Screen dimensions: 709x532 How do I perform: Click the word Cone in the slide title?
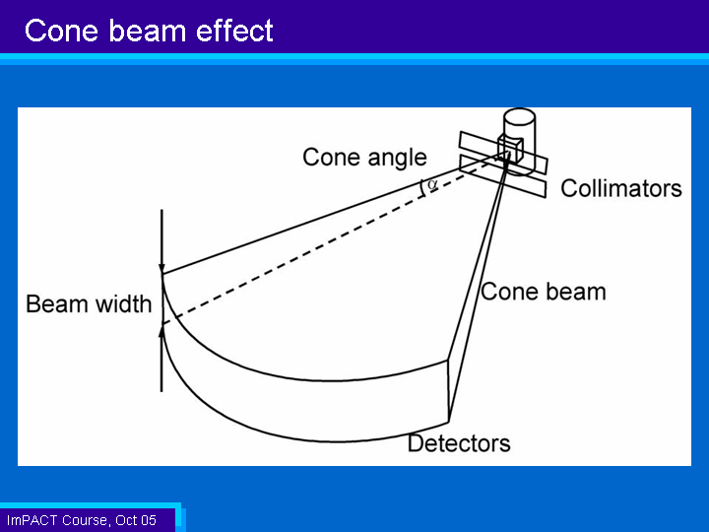point(61,31)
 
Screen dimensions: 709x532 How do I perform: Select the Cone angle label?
point(364,158)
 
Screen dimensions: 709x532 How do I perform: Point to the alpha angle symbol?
point(432,184)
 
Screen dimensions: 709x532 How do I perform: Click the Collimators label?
point(620,188)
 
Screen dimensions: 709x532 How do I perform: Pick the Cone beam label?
point(543,292)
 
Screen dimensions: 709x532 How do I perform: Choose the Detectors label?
point(459,443)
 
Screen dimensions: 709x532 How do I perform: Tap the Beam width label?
point(89,304)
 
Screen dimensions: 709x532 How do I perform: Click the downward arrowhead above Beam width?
point(161,269)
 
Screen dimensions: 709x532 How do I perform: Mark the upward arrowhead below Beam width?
point(161,331)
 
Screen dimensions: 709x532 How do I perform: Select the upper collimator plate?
point(503,153)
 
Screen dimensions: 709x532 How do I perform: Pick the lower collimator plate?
point(502,176)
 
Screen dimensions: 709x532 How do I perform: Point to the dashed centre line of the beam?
point(334,239)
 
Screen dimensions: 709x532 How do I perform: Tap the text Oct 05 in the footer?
point(136,521)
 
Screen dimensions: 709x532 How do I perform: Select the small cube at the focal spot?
point(510,148)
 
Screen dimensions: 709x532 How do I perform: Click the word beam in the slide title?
point(147,31)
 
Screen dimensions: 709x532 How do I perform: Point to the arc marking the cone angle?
point(422,188)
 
